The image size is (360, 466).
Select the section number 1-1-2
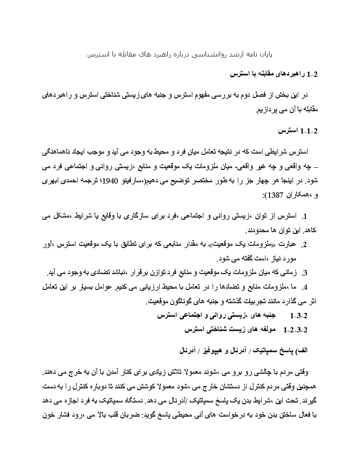coord(309,131)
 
